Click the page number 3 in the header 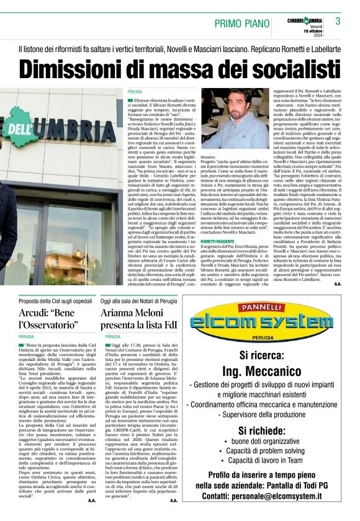pos(338,21)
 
